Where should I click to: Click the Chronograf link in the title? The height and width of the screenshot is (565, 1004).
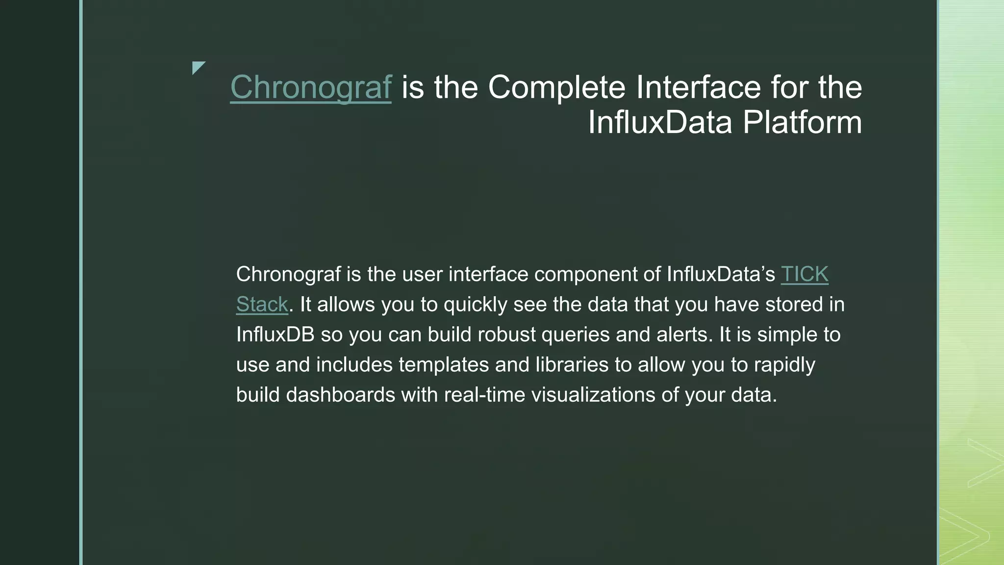[310, 87]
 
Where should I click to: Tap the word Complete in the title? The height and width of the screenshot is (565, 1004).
[556, 87]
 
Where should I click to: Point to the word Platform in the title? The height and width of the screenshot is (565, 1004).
[802, 122]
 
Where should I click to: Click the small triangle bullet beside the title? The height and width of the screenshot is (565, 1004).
[198, 67]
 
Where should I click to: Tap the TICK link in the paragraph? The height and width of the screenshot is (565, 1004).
[804, 274]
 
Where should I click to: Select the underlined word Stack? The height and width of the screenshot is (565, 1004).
[262, 305]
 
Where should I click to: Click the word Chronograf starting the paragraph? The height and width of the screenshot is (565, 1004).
[288, 274]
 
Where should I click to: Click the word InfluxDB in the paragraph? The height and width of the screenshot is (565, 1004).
[275, 334]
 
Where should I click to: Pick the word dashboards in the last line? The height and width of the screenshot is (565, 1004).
[340, 395]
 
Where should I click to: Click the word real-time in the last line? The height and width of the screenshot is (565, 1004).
[484, 395]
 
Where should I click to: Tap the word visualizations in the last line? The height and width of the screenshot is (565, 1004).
[593, 395]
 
